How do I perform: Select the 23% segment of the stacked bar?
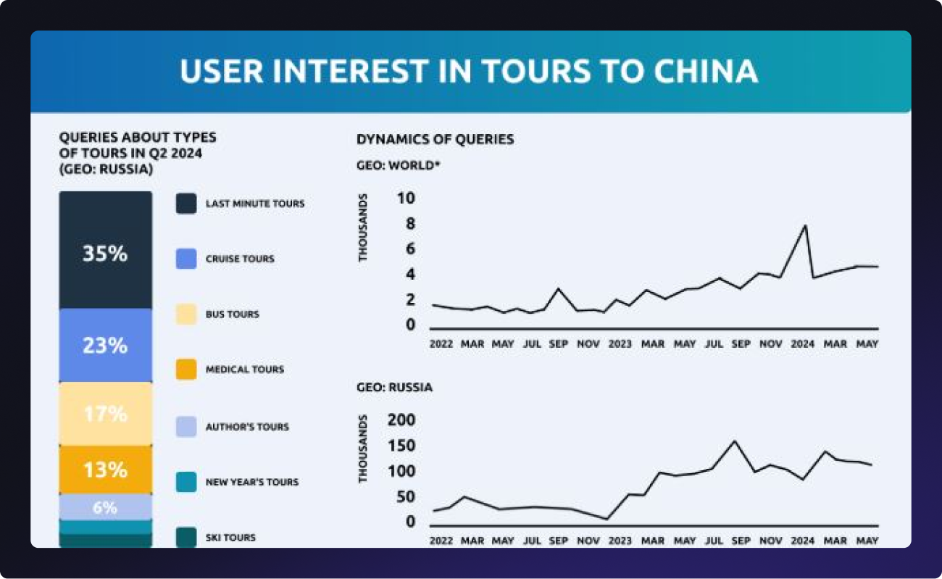click(105, 345)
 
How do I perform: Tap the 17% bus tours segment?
click(105, 414)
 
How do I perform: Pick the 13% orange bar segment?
click(105, 470)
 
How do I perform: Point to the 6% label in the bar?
click(105, 507)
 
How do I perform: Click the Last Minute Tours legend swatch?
click(186, 204)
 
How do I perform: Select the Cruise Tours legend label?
click(240, 259)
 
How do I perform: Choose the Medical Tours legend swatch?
click(186, 370)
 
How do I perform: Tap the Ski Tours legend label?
click(230, 538)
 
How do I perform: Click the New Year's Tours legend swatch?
click(186, 482)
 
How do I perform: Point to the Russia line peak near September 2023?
click(735, 441)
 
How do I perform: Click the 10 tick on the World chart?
click(406, 199)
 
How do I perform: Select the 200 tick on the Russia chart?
click(402, 420)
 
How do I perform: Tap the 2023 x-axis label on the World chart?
click(620, 344)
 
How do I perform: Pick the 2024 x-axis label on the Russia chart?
click(803, 541)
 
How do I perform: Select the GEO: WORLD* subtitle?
click(398, 164)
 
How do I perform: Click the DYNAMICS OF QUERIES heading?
click(435, 139)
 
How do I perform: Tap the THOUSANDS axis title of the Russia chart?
click(364, 449)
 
